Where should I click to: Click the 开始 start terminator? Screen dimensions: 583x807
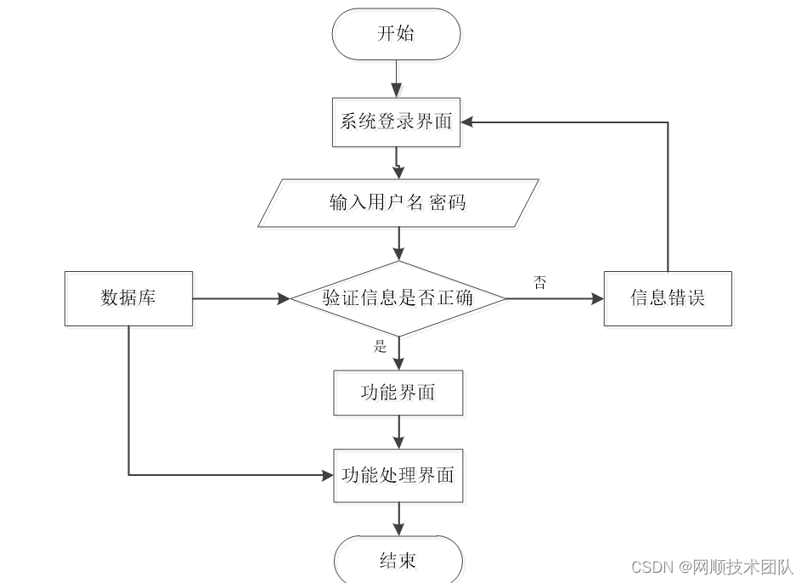pyautogui.click(x=397, y=34)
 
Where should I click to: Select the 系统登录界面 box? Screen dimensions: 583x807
pyautogui.click(x=397, y=122)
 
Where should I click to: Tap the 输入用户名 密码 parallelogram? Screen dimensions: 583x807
pyautogui.click(x=398, y=203)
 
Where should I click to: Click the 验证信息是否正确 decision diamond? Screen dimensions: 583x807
pyautogui.click(x=398, y=298)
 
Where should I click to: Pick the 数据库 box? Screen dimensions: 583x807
pyautogui.click(x=128, y=298)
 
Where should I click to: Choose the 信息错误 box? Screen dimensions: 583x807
pyautogui.click(x=668, y=298)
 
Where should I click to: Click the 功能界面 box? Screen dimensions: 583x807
pyautogui.click(x=398, y=393)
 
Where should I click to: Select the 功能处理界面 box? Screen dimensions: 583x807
pyautogui.click(x=398, y=476)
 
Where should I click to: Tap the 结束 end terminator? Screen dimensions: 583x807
pyautogui.click(x=398, y=562)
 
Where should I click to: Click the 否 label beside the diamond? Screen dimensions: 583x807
pyautogui.click(x=540, y=283)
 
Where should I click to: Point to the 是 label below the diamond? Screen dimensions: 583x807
pyautogui.click(x=380, y=346)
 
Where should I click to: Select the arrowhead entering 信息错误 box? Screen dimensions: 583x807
pyautogui.click(x=596, y=298)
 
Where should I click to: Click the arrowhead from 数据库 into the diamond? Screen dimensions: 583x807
pyautogui.click(x=283, y=298)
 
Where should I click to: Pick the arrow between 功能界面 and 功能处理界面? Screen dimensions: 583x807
pyautogui.click(x=398, y=433)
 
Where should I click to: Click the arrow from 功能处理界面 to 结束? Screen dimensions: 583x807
pyautogui.click(x=398, y=519)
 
